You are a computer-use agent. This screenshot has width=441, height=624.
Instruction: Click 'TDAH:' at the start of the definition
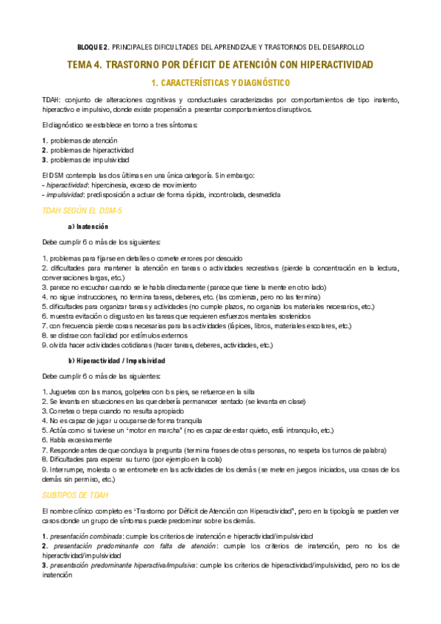click(52, 99)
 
